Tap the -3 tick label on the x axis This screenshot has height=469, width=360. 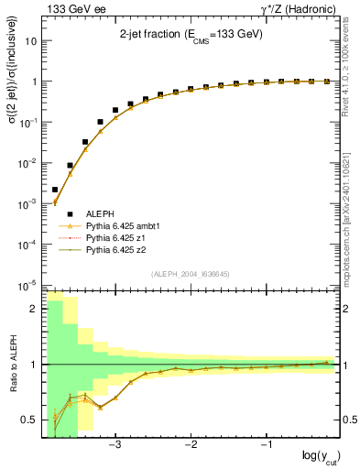115,446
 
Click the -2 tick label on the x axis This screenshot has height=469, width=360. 191,446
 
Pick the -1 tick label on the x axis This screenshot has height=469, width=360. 266,446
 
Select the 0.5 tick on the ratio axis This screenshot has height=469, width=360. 29,420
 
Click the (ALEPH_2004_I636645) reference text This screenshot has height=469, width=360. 191,274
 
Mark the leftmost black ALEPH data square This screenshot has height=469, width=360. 55,190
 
